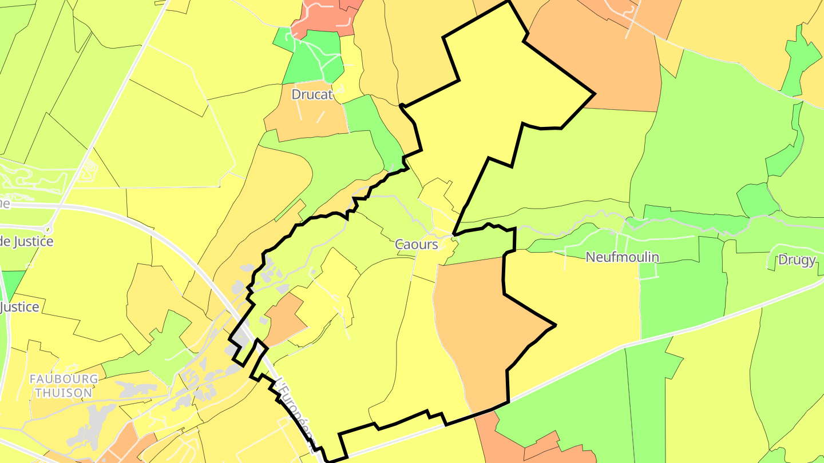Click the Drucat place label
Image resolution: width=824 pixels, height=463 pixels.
pyautogui.click(x=312, y=94)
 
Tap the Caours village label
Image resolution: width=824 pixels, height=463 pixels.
pyautogui.click(x=417, y=245)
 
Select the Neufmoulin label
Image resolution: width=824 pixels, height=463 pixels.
pyautogui.click(x=622, y=257)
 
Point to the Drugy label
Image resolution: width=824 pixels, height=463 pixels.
pyautogui.click(x=797, y=260)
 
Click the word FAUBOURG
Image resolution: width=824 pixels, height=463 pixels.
pyautogui.click(x=64, y=379)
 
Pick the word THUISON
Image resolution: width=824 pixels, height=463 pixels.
pyautogui.click(x=64, y=393)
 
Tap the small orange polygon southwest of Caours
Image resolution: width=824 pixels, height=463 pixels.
pyautogui.click(x=284, y=320)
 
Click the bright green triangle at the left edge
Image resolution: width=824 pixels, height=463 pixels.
pyautogui.click(x=11, y=283)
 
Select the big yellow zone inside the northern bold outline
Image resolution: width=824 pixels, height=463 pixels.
pyautogui.click(x=504, y=86)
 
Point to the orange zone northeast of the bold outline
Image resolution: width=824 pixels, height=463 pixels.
pyautogui.click(x=607, y=57)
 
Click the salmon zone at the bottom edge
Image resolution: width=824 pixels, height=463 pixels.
pyautogui.click(x=515, y=446)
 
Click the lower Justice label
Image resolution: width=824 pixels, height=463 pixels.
pyautogui.click(x=20, y=307)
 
